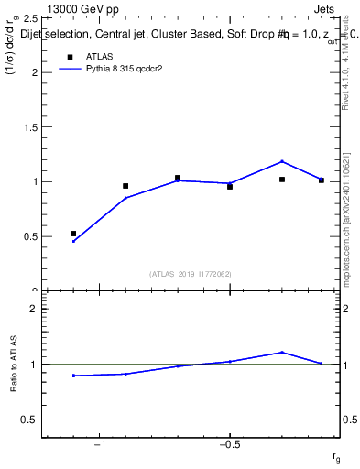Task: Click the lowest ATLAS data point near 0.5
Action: (73, 234)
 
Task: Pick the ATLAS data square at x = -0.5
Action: (230, 186)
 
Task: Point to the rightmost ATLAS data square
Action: (322, 180)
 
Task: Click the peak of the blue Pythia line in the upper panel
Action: (282, 161)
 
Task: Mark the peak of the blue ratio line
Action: (282, 352)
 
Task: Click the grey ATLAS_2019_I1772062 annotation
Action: (190, 273)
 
